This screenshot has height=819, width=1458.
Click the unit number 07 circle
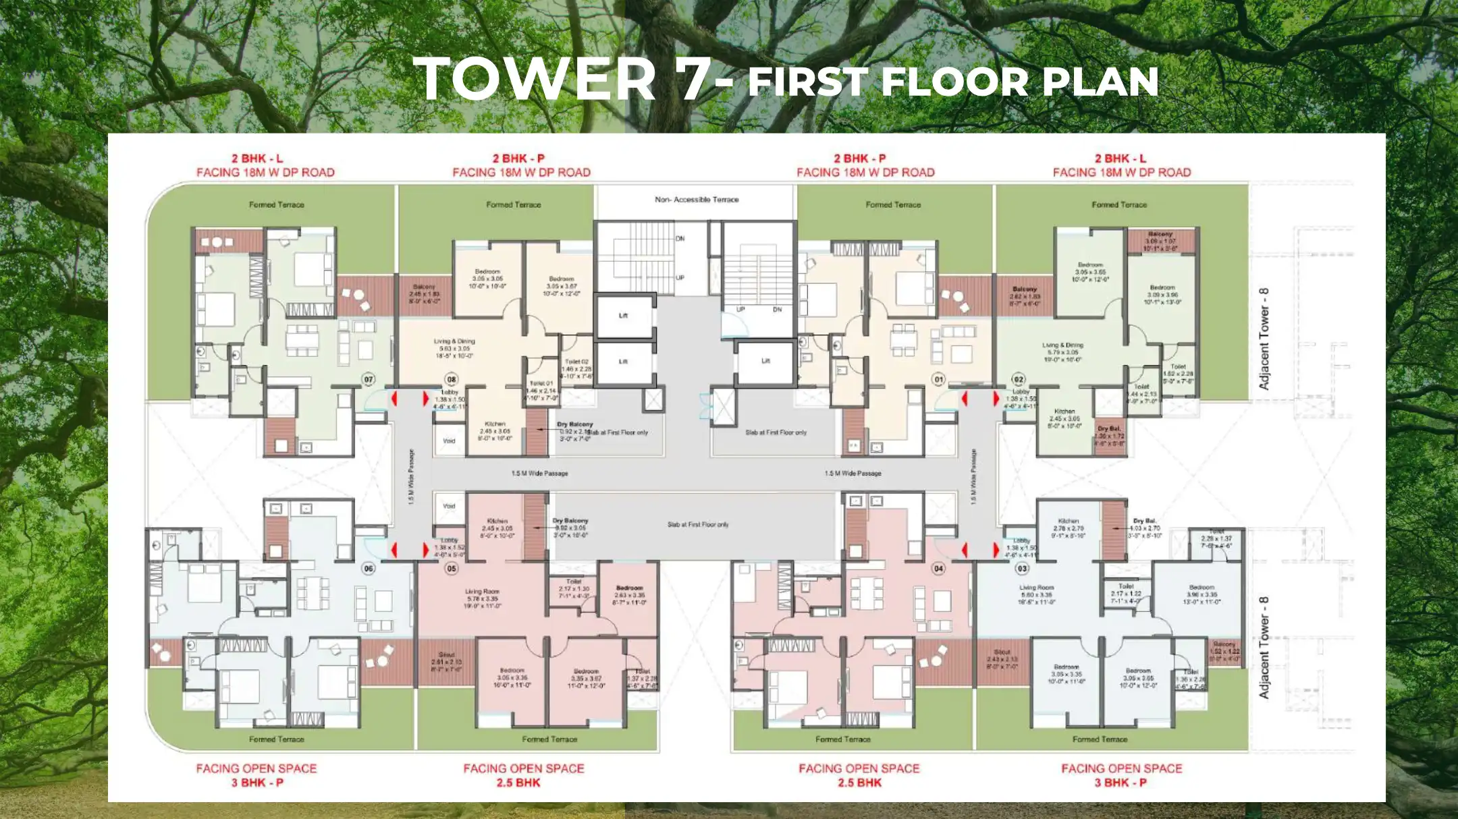coord(369,379)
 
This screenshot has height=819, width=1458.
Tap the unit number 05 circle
coord(452,569)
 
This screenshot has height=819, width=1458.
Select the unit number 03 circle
coord(1022,569)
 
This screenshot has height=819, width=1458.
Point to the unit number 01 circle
coord(938,379)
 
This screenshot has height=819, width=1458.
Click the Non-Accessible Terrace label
coord(697,200)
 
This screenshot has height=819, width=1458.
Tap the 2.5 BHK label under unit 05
coord(518,783)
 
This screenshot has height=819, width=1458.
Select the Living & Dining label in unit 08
coord(454,341)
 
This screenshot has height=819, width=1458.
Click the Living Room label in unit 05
coord(482,592)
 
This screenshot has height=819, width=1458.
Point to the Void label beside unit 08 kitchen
coord(449,441)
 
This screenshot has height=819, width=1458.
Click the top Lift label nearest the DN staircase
coord(623,315)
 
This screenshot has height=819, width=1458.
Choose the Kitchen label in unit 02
coord(1064,411)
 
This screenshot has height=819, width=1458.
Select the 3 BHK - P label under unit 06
coord(257,783)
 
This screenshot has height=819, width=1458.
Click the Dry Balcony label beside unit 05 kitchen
coord(570,521)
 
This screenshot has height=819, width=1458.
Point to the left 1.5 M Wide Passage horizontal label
coord(539,474)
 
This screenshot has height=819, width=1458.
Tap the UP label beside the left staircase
coord(680,277)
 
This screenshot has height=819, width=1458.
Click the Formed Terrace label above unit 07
coord(277,204)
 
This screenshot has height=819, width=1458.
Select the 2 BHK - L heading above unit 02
coord(1120,159)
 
